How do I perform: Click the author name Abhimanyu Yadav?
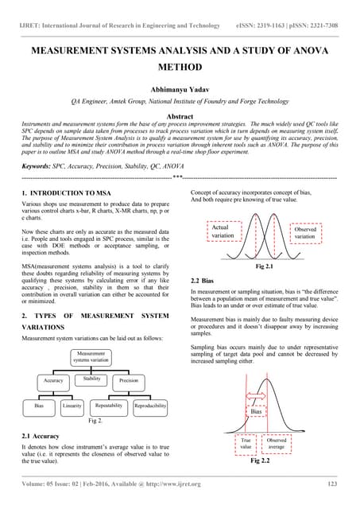pyautogui.click(x=180, y=89)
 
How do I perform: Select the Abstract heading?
pyautogui.click(x=180, y=115)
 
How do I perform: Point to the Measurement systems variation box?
pyautogui.click(x=94, y=356)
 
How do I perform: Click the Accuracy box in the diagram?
pyautogui.click(x=52, y=381)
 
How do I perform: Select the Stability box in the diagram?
pyautogui.click(x=91, y=379)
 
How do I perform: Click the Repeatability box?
pyautogui.click(x=108, y=406)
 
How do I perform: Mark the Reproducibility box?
pyautogui.click(x=150, y=406)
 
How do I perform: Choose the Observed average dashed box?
pyautogui.click(x=277, y=444)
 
